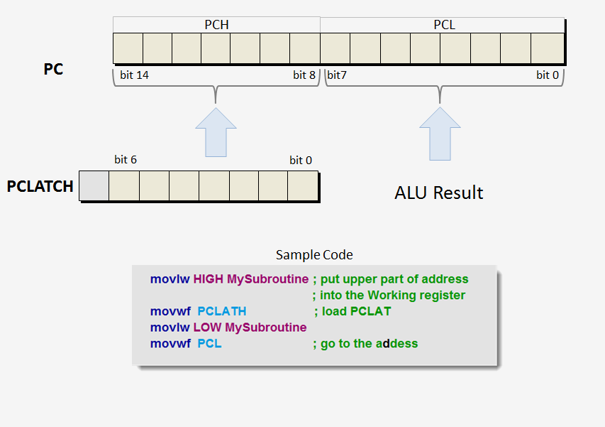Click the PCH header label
coord(216,25)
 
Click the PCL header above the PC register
coord(444,25)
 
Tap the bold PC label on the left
coord(53,70)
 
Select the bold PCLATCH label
coord(40,187)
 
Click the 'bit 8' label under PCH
coord(304,75)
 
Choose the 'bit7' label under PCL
coord(337,75)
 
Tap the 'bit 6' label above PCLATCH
coord(126,160)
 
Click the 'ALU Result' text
coord(439,193)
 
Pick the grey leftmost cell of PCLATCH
coord(94,186)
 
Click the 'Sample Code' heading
coord(314,254)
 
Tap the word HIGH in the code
coord(208,279)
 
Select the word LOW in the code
coord(207,328)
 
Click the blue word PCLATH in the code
coord(222,311)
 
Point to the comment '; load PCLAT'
coord(353,311)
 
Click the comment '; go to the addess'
coord(365,344)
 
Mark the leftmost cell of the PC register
coord(128,48)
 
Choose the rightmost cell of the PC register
coord(548,48)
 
